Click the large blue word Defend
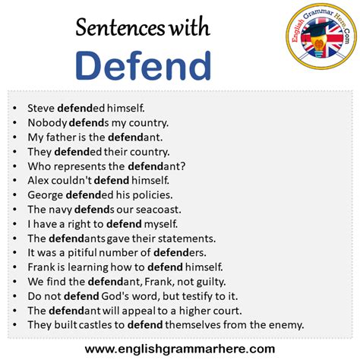pos(143,65)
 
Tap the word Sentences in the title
pos(120,27)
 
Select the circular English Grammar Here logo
pos(321,36)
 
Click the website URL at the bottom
pos(180,349)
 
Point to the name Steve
pos(41,108)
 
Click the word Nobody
pos(47,123)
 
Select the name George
pos(46,195)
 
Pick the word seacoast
pos(158,210)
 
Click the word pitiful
pos(82,253)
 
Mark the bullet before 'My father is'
pos(14,137)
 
